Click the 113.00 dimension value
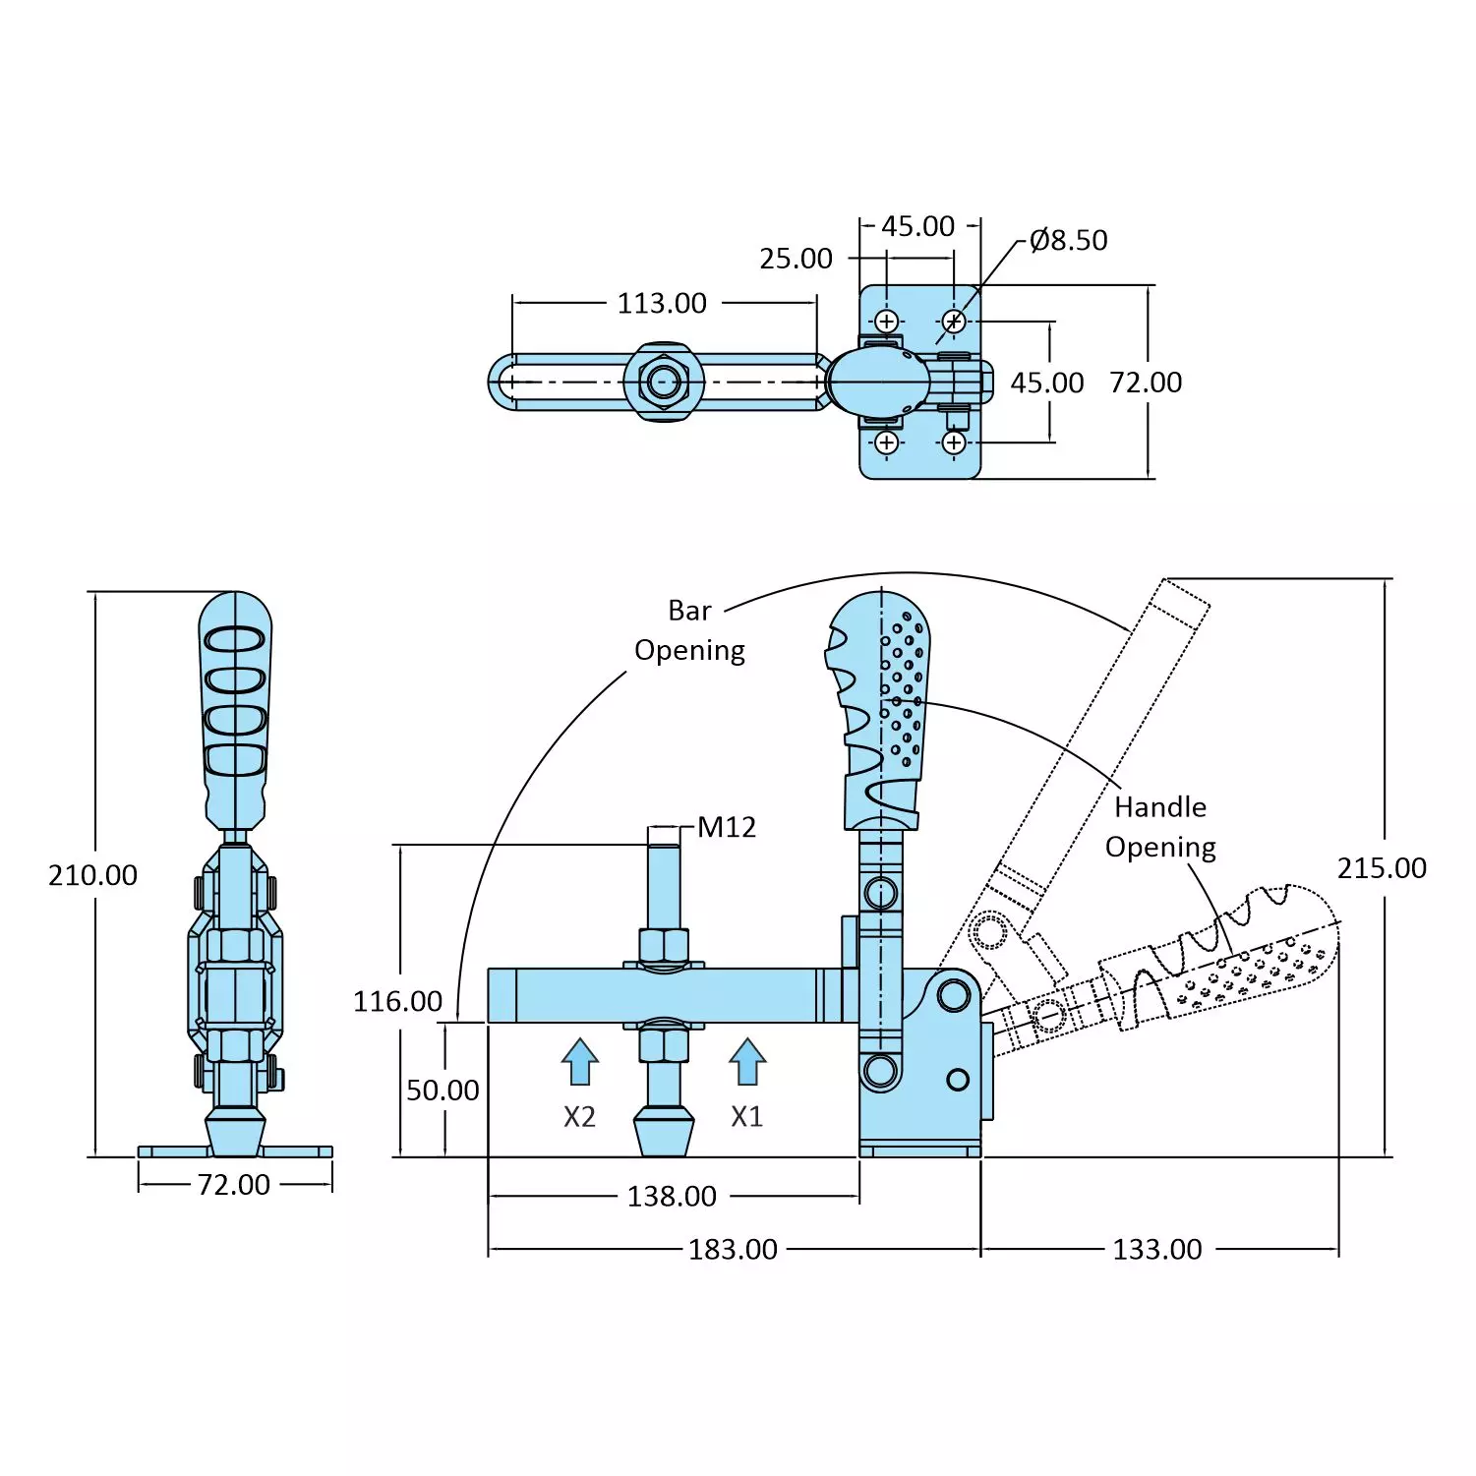point(662,303)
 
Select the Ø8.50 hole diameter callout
point(1068,240)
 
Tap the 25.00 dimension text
point(796,259)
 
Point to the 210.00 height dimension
point(92,874)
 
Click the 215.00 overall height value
point(1381,867)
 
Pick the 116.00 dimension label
point(397,1001)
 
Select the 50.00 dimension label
point(443,1090)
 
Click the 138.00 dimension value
point(672,1196)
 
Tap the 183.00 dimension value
point(733,1249)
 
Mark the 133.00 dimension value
point(1156,1249)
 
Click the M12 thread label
point(727,827)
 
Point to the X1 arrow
point(747,1062)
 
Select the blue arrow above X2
point(580,1062)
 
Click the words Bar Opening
point(689,630)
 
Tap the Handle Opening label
point(1160,827)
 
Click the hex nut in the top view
point(665,382)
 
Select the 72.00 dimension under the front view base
point(233,1184)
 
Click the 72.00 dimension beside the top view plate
point(1145,383)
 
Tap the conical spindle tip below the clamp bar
point(664,1130)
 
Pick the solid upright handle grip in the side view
point(878,708)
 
